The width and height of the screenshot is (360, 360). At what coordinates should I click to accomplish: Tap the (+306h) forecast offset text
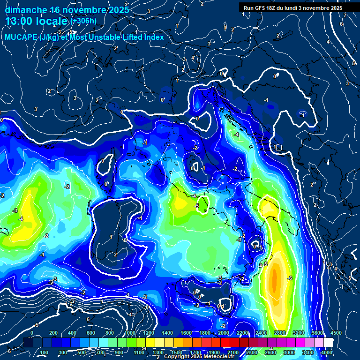[84, 21]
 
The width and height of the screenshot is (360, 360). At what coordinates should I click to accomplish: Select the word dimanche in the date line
[26, 9]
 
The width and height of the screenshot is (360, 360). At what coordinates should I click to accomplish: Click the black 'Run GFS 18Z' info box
[293, 8]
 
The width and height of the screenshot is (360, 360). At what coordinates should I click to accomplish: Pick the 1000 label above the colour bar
[130, 333]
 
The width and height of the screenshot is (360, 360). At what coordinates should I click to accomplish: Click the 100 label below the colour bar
[45, 352]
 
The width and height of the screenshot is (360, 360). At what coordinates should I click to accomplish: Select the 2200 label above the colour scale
[242, 333]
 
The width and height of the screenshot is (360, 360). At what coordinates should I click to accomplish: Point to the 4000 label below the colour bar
[327, 352]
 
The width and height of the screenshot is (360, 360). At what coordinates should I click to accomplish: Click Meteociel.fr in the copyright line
[225, 357]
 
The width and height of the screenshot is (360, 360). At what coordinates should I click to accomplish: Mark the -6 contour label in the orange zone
[290, 278]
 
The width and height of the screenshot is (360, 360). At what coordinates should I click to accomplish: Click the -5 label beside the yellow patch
[197, 206]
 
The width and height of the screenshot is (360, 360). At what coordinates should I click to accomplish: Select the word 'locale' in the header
[53, 22]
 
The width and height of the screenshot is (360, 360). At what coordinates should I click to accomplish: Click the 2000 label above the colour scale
[223, 333]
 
